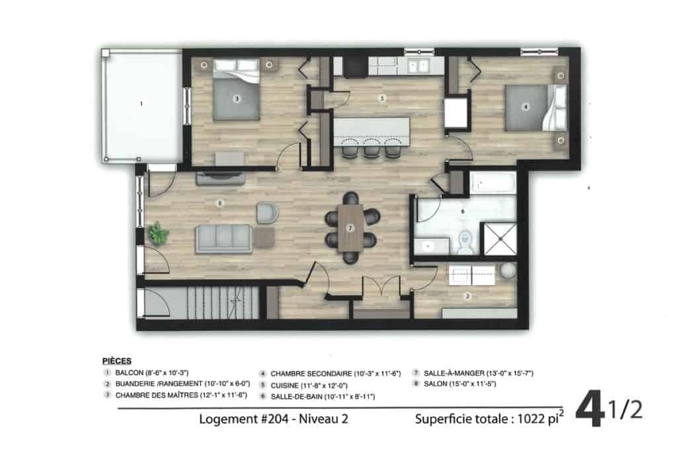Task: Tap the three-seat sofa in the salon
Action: click(224, 238)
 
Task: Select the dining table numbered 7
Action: click(350, 228)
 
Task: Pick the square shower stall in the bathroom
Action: click(500, 238)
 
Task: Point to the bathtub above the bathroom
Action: click(493, 183)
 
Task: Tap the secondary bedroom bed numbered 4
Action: click(536, 108)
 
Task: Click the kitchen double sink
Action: click(418, 66)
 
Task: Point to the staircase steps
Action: click(223, 303)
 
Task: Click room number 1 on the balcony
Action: click(141, 104)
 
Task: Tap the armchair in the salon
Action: click(267, 213)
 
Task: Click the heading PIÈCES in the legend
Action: click(116, 361)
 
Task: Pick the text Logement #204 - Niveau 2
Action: click(273, 419)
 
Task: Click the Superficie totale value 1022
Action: click(532, 419)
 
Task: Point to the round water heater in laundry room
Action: click(508, 271)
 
